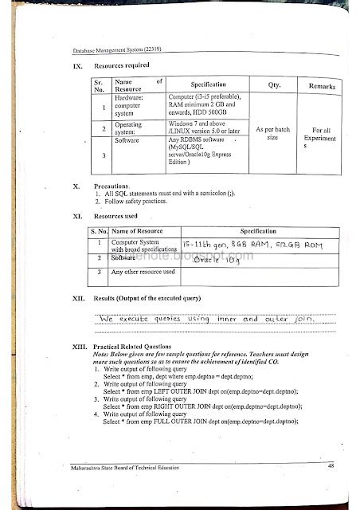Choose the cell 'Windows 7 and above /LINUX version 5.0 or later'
202,127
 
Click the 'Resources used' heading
116,216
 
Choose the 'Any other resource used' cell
143,273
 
